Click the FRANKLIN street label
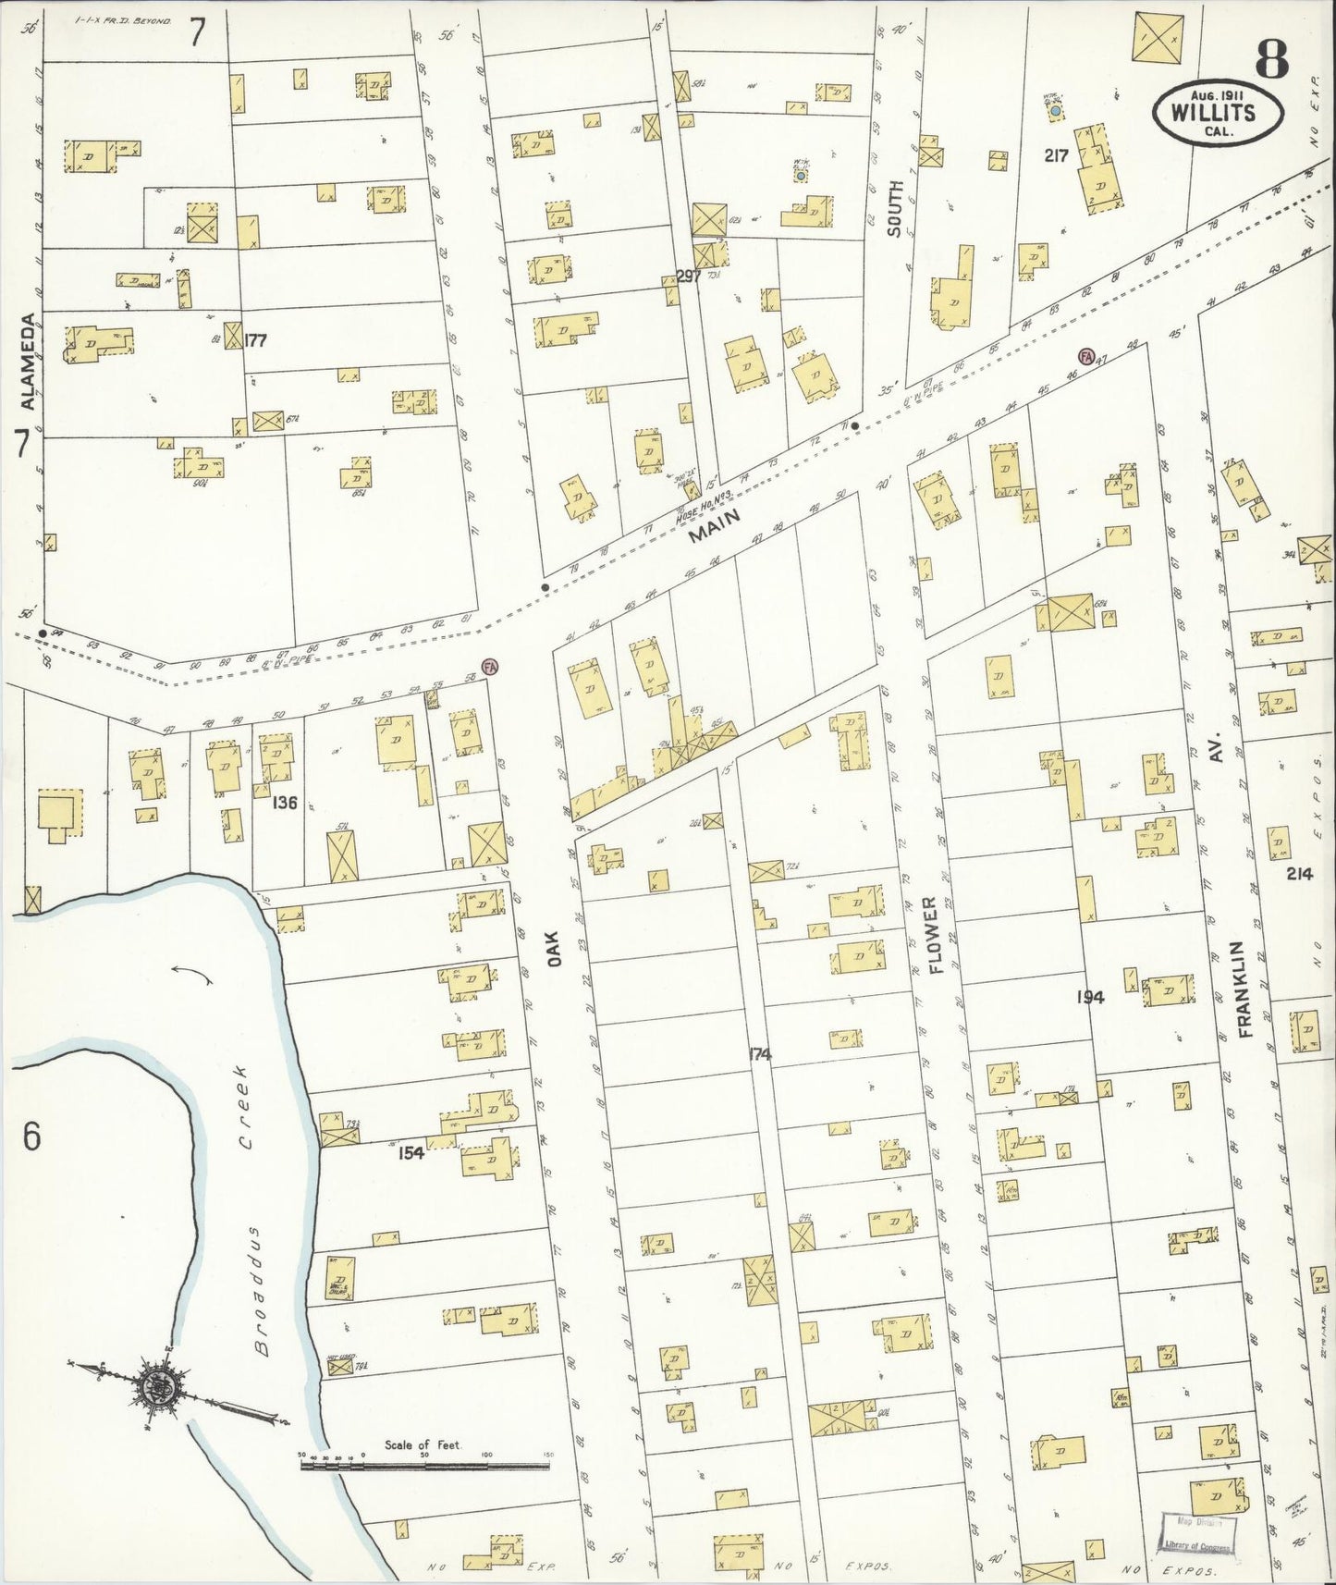1241,989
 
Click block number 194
1091,997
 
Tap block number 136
284,803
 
